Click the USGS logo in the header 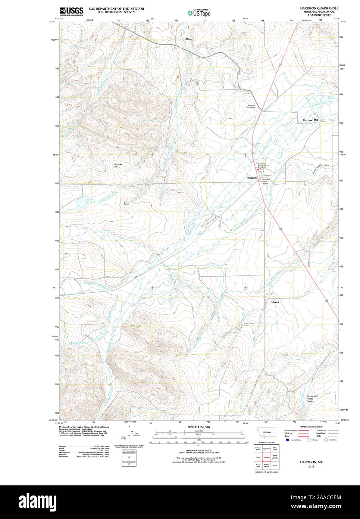(x=71, y=11)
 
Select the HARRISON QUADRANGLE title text (x=319, y=8)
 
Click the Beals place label (x=190, y=39)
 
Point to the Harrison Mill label (x=310, y=120)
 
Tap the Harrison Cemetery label (x=251, y=106)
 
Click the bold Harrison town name (x=252, y=178)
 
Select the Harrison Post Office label (x=266, y=181)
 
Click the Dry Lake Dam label (x=118, y=165)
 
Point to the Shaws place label (x=275, y=302)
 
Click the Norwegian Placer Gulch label (x=312, y=398)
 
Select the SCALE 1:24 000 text (x=198, y=427)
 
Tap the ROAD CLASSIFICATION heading (x=311, y=427)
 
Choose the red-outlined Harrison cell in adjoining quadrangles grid (x=266, y=457)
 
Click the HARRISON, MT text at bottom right (x=311, y=462)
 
